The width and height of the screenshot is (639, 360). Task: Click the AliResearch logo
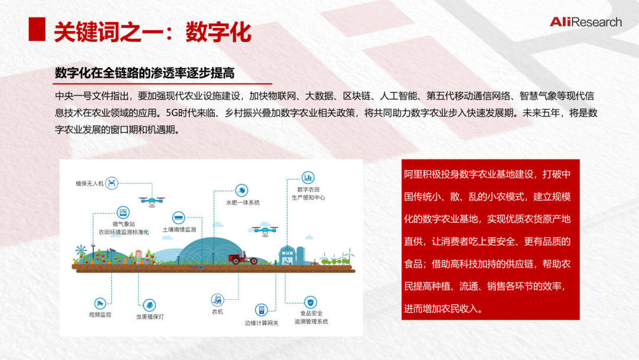tap(586, 22)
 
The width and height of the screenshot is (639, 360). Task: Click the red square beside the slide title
tap(37, 29)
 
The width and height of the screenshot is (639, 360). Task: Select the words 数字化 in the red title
tap(218, 32)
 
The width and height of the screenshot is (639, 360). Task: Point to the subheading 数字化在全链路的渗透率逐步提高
tap(145, 73)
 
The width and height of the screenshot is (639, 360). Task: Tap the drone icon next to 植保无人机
tap(112, 183)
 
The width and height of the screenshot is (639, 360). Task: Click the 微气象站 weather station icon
tap(123, 213)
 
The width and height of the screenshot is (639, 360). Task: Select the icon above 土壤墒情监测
tap(179, 218)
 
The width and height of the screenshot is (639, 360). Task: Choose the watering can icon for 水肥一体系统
tap(241, 191)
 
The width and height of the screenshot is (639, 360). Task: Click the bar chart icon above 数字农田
tap(308, 178)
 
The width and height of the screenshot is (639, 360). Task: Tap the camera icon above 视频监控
tap(100, 303)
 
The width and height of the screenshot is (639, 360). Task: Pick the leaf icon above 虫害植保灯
tap(150, 305)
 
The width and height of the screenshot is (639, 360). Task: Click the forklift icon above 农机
tap(217, 300)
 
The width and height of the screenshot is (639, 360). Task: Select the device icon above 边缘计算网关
tap(262, 310)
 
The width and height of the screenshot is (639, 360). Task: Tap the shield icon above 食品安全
tap(311, 302)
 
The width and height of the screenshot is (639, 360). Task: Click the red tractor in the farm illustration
tap(243, 258)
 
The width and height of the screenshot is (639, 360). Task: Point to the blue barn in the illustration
tap(288, 255)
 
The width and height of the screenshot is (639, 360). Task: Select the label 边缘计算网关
tap(262, 323)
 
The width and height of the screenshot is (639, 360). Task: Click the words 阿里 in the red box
tap(413, 175)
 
